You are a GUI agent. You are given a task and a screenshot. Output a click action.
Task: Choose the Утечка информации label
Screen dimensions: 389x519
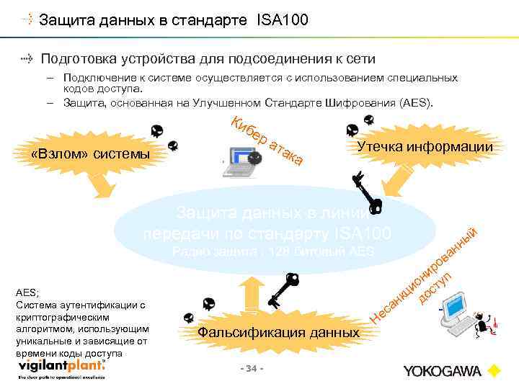(425, 146)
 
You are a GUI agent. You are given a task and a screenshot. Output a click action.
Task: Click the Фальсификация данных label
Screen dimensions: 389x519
(278, 332)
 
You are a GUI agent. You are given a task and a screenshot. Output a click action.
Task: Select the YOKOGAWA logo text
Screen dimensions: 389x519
(442, 371)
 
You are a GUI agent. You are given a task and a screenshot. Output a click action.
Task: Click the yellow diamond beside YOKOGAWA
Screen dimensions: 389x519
(494, 371)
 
